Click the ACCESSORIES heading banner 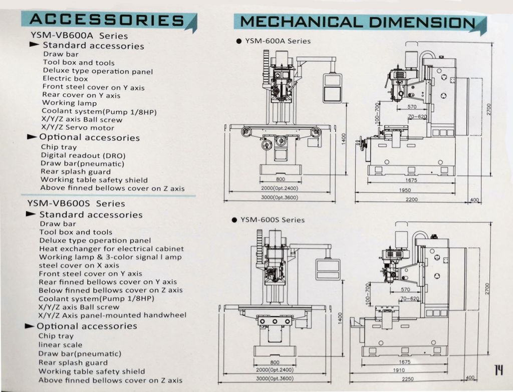[107, 20]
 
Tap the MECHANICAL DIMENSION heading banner [358, 23]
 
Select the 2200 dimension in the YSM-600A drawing [411, 200]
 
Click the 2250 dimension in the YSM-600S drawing [407, 379]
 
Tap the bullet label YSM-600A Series [278, 41]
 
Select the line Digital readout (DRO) [83, 155]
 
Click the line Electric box [65, 79]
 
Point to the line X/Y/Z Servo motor [78, 128]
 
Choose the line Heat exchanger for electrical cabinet [111, 249]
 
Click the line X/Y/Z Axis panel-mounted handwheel [112, 315]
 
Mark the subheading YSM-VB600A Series [79, 36]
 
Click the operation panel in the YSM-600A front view [332, 87]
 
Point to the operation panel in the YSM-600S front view [328, 269]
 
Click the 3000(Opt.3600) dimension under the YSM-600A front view [280, 198]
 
